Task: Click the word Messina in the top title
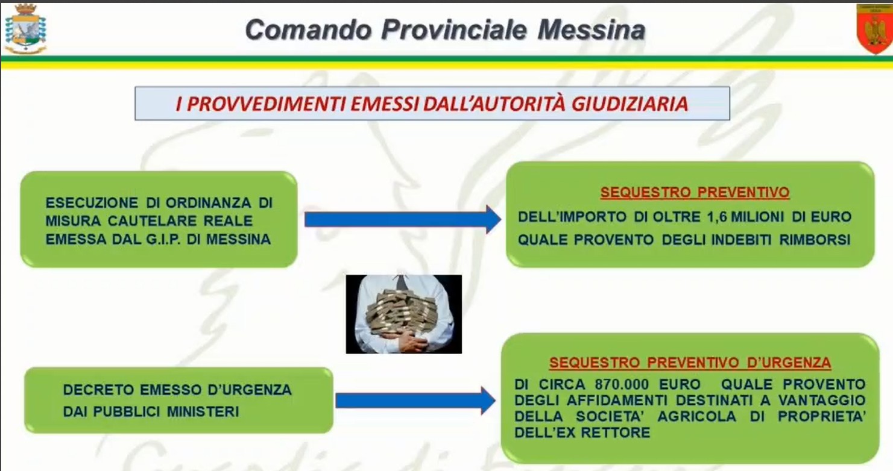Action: pos(592,30)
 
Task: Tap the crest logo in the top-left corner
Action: pos(25,29)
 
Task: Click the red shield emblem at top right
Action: pos(874,29)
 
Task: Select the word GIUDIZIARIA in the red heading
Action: pos(630,104)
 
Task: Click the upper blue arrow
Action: pos(403,219)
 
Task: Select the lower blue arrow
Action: pos(415,400)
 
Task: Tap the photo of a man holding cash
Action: pos(404,314)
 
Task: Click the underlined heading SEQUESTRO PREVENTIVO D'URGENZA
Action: pos(690,363)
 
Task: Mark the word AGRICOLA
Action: pos(696,416)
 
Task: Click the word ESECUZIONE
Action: pos(92,202)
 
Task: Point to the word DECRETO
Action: pos(98,390)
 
